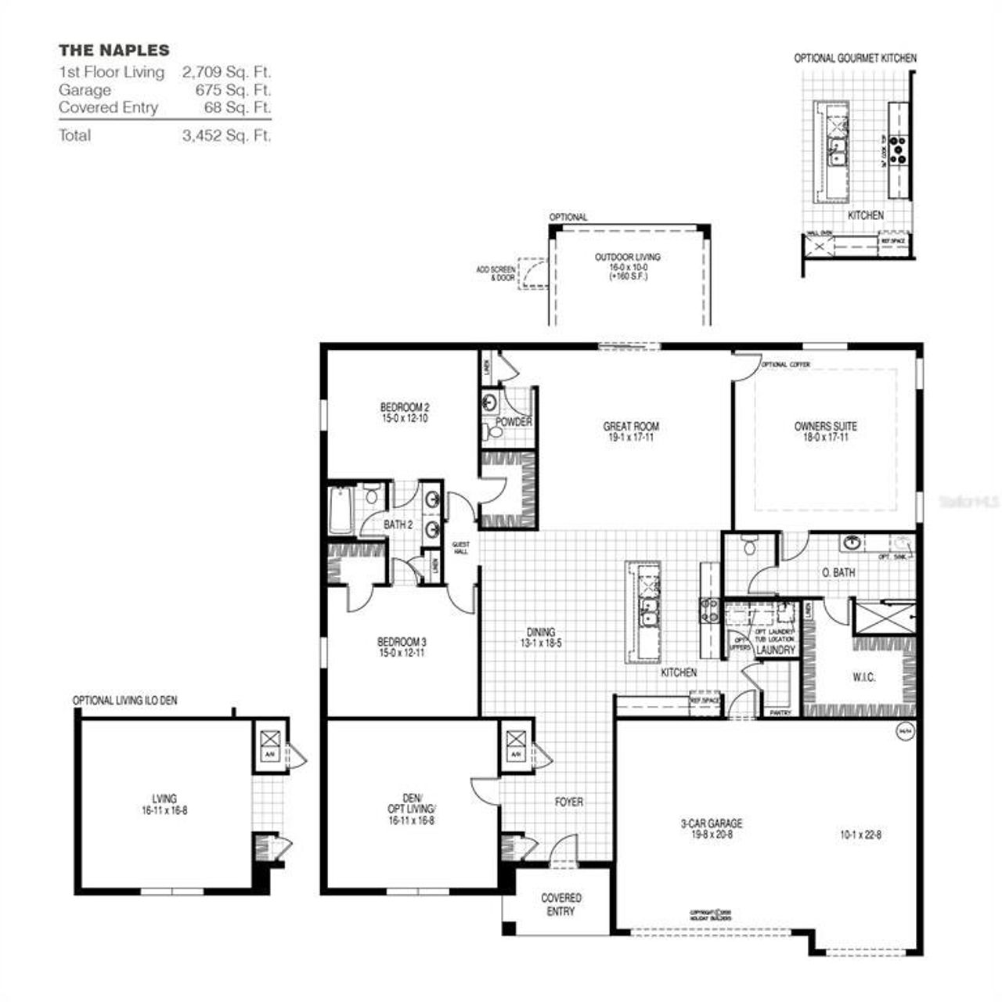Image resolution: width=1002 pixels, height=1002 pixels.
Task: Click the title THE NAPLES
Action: tap(114, 51)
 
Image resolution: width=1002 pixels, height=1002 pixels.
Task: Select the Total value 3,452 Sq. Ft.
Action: tap(226, 135)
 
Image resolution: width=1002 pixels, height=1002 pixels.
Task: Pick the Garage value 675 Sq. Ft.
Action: tap(233, 90)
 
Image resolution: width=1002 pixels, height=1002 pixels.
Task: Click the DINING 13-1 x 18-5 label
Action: tap(541, 637)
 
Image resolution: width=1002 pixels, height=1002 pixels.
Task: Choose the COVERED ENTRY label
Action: tap(561, 904)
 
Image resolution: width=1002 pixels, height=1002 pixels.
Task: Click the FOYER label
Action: tap(569, 802)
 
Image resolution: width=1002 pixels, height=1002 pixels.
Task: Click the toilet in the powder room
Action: tap(494, 431)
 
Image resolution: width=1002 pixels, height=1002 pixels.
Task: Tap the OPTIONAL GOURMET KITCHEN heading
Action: tap(855, 58)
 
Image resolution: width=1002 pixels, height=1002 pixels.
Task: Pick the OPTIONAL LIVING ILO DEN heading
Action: tap(124, 701)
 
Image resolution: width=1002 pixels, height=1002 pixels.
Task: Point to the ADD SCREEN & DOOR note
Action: tap(496, 273)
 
